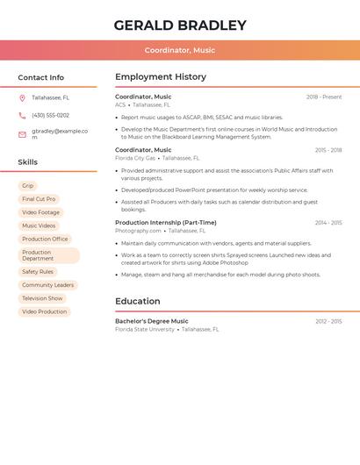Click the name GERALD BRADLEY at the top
click(180, 25)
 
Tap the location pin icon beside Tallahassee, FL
click(22, 97)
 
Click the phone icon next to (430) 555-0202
click(22, 115)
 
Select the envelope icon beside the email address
click(22, 134)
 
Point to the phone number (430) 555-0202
click(50, 115)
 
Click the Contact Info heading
click(41, 77)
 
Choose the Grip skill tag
click(28, 186)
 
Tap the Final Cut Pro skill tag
click(39, 199)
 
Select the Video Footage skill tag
click(41, 212)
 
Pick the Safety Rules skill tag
click(38, 272)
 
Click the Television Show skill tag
click(42, 298)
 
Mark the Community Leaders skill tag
click(48, 285)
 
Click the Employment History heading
click(161, 76)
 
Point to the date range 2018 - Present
click(324, 97)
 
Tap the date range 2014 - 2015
click(328, 223)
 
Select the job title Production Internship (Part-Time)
click(166, 223)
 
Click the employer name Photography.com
click(138, 231)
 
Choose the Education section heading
click(137, 301)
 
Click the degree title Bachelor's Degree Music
click(152, 321)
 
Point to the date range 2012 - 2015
click(328, 321)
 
